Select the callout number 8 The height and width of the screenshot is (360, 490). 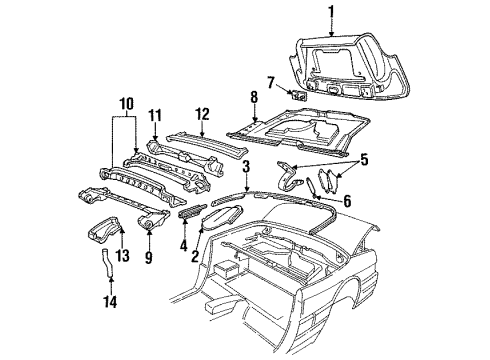253,97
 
